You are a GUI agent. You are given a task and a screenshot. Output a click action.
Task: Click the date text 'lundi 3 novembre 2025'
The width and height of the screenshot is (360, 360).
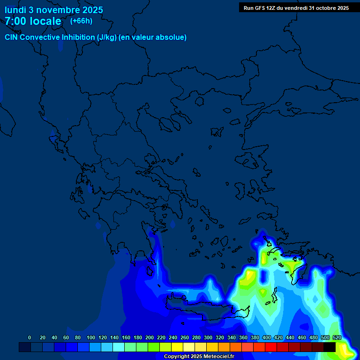click(x=54, y=10)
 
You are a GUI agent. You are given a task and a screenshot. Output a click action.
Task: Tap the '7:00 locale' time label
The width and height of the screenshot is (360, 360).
click(x=33, y=21)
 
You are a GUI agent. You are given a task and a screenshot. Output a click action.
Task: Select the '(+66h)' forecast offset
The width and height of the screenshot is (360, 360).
click(x=81, y=21)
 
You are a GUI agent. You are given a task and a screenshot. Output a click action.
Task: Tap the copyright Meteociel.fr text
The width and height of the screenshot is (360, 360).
click(x=198, y=357)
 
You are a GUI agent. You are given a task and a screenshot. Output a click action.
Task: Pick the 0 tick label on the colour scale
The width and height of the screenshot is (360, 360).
click(x=30, y=337)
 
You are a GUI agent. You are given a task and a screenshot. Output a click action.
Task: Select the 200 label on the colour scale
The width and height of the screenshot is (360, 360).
click(x=150, y=337)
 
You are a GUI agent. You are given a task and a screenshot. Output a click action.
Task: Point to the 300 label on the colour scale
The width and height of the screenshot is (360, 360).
click(x=208, y=337)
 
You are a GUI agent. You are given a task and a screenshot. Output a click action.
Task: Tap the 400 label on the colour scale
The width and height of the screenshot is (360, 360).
click(x=267, y=337)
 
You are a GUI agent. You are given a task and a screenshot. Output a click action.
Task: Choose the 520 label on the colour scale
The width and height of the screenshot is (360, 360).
click(x=337, y=337)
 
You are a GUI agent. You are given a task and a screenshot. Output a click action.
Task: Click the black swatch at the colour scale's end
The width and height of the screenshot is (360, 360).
click(x=330, y=347)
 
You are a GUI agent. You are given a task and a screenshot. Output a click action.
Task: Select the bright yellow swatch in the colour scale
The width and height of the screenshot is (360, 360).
click(x=177, y=347)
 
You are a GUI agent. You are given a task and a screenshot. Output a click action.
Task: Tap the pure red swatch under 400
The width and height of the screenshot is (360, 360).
click(x=271, y=347)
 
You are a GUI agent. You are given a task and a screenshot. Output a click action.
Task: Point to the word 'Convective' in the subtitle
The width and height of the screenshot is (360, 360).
click(x=40, y=37)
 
